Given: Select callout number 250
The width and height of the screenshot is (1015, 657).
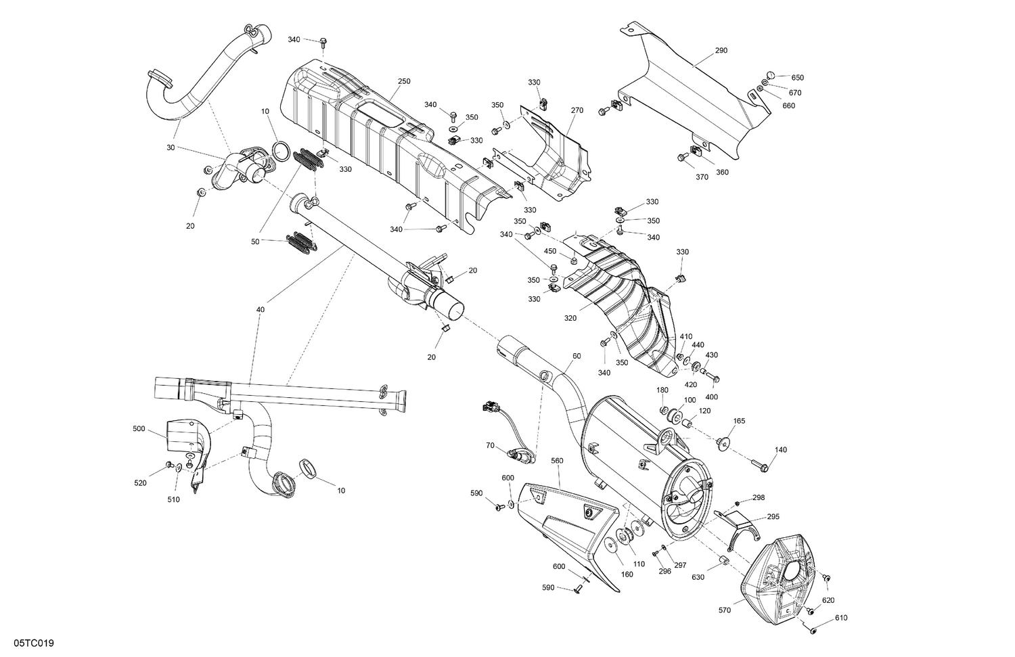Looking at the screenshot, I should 404,82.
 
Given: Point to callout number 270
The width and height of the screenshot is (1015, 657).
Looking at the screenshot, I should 577,110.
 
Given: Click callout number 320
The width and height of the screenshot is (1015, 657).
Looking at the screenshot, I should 570,318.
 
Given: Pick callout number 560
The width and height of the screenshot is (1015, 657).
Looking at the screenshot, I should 557,461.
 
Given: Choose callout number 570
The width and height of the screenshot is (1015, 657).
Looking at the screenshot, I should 725,610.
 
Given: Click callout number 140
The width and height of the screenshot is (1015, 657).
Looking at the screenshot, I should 781,450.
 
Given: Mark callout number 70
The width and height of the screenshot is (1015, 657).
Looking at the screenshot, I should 491,445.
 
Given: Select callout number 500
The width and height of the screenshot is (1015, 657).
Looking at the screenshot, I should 139,428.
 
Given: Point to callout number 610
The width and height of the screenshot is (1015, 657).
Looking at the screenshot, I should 841,618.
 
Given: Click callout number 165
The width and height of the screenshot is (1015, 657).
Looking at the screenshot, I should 739,421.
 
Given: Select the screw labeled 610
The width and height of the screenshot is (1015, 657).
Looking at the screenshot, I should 814,631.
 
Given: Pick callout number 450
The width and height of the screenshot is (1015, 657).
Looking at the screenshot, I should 550,252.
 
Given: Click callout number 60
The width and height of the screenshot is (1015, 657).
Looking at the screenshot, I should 577,355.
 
